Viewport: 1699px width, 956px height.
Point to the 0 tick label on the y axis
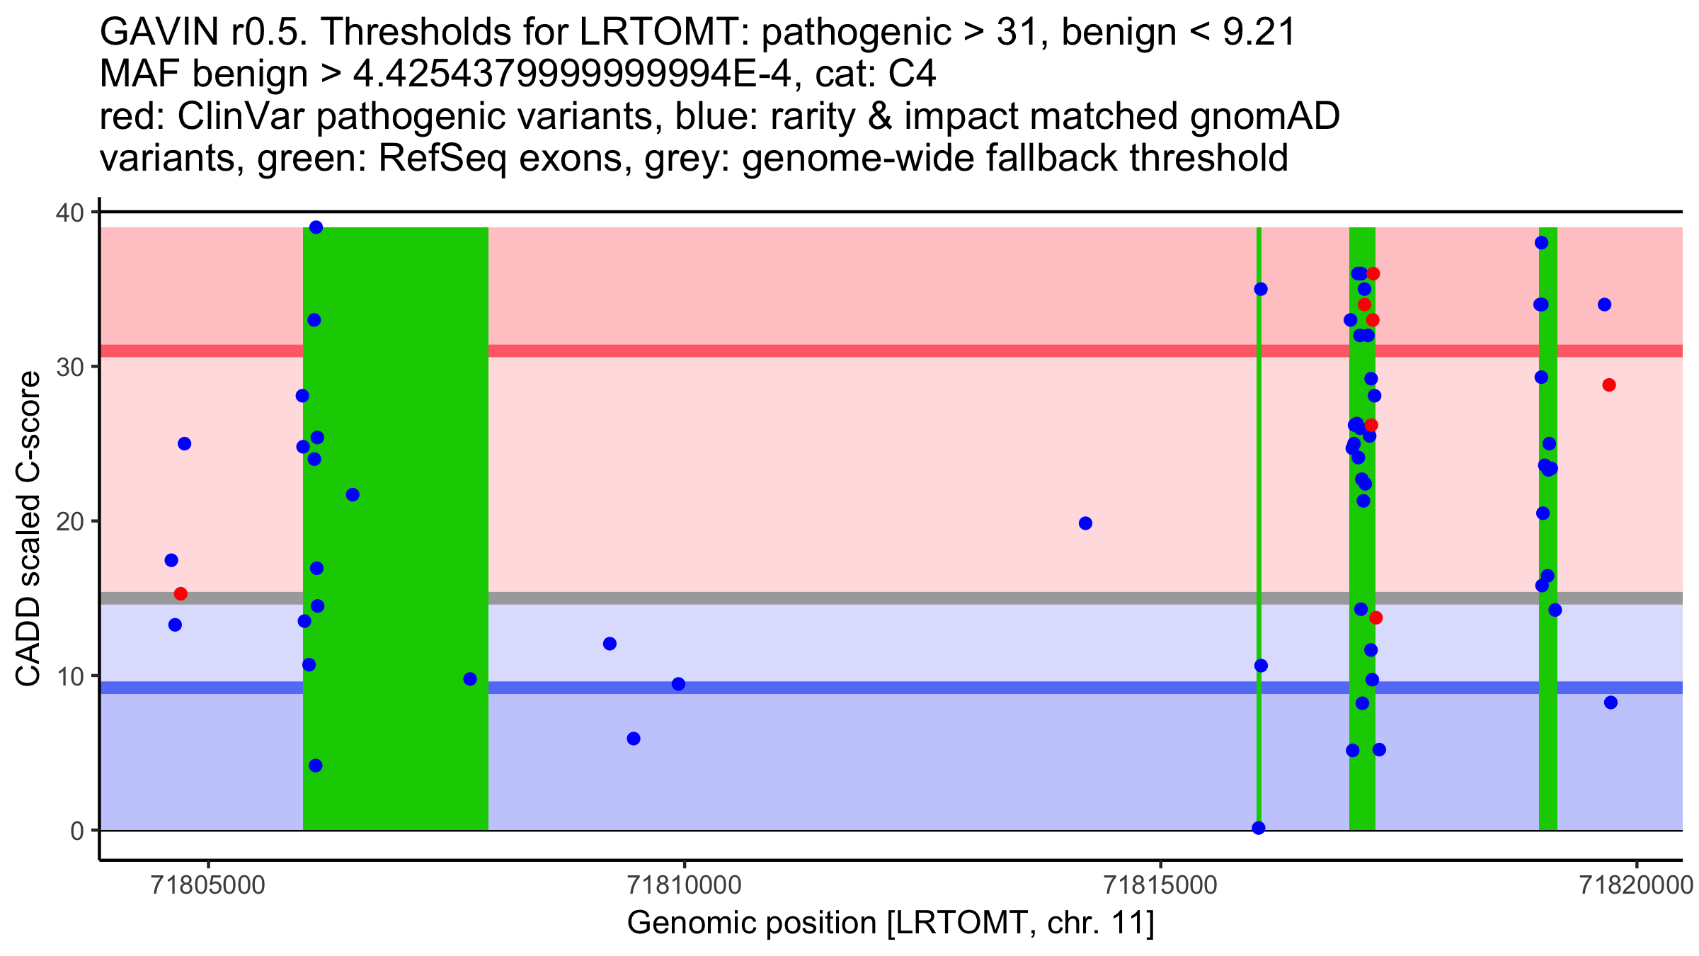click(76, 831)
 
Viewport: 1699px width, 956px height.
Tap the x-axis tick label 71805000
click(208, 885)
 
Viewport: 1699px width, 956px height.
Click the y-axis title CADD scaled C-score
click(28, 529)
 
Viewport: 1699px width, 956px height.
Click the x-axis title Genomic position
click(891, 923)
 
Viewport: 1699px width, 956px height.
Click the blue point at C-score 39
click(316, 227)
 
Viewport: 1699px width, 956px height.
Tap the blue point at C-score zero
click(1259, 828)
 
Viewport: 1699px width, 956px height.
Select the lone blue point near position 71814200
click(1085, 523)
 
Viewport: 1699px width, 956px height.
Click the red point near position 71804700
click(181, 593)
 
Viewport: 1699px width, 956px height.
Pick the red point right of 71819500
click(1609, 385)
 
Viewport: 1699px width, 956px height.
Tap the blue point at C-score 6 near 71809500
click(634, 739)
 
